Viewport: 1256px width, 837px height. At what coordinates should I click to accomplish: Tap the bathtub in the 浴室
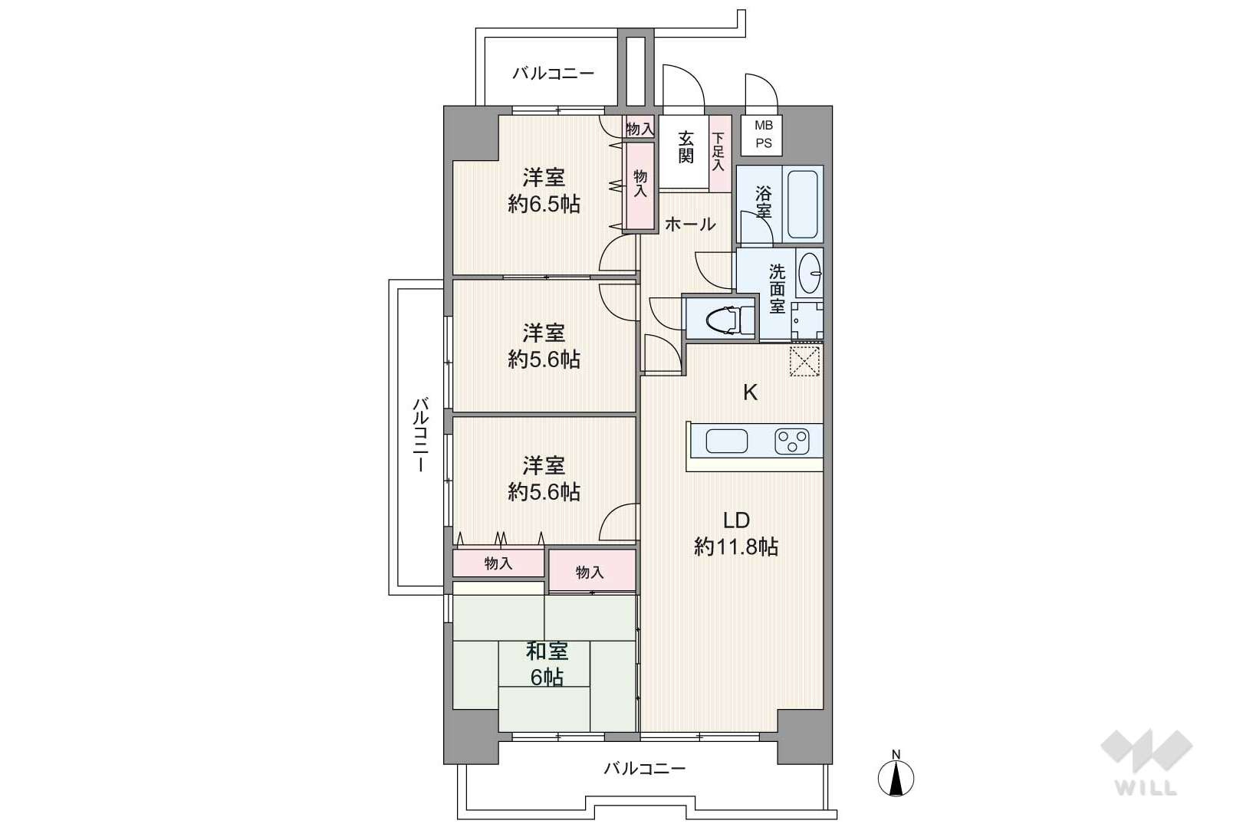[803, 204]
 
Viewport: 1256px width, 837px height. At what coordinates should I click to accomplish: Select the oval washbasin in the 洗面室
[809, 273]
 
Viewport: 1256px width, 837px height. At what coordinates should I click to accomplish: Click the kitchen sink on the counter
[727, 441]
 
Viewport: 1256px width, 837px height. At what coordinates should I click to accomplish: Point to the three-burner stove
[792, 441]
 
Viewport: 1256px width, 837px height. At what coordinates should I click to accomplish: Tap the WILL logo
[1146, 762]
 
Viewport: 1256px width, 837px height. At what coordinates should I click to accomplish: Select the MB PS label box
[762, 135]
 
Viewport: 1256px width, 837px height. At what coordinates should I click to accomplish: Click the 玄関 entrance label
[686, 147]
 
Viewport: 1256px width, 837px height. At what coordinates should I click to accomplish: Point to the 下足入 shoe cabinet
[721, 153]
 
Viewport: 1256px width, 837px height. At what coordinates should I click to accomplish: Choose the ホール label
[690, 225]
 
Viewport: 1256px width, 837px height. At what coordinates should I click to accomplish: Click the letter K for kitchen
[750, 393]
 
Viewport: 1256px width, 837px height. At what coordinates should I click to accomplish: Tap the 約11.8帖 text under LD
[736, 546]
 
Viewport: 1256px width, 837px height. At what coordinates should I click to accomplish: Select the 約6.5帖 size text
[544, 204]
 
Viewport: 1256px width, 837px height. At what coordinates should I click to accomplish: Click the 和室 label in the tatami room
[547, 651]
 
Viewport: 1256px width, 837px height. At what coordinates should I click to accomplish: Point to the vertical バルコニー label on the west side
[421, 435]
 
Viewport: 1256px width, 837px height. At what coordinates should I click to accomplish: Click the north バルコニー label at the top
[554, 74]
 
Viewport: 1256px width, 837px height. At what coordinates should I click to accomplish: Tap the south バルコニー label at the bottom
[645, 768]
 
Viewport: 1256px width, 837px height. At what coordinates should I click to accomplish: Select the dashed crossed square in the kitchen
[804, 361]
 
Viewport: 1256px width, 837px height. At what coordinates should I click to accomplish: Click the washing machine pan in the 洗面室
[807, 321]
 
